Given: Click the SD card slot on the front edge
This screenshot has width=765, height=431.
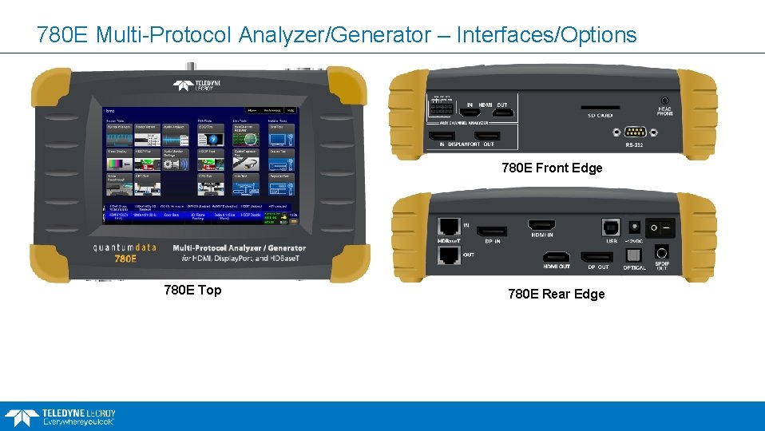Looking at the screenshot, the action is [x=600, y=106].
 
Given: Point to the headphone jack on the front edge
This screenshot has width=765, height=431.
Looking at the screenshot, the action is [x=664, y=100].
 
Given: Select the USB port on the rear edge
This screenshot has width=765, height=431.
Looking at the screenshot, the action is [x=610, y=227].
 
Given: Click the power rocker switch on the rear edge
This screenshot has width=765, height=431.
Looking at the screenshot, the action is [x=660, y=227].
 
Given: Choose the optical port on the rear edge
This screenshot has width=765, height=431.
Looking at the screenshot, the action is [x=634, y=255].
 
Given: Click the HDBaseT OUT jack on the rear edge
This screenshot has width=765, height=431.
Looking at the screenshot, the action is [x=449, y=255].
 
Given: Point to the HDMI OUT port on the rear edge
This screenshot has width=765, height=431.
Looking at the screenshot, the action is [x=556, y=257].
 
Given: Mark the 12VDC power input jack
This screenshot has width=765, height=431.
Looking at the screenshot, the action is [x=635, y=227].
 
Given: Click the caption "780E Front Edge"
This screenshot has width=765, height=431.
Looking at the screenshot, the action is [x=552, y=168].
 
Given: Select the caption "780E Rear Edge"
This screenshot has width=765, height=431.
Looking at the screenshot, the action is [x=557, y=294].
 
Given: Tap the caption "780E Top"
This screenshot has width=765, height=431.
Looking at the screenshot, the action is [x=192, y=290].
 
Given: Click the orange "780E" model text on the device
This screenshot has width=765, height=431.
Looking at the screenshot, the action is [x=125, y=259].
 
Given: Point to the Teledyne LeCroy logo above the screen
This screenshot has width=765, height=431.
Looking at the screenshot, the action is [x=200, y=85].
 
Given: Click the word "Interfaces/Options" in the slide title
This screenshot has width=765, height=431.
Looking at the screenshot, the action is [x=546, y=35].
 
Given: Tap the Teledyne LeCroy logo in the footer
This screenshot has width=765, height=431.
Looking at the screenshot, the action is [x=61, y=416].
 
